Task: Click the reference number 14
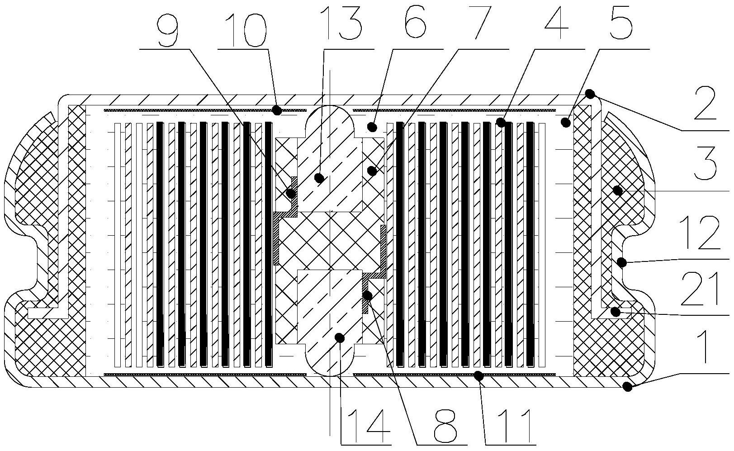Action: pyautogui.click(x=364, y=423)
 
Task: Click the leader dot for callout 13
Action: pyautogui.click(x=319, y=178)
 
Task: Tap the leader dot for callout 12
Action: pyautogui.click(x=622, y=262)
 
